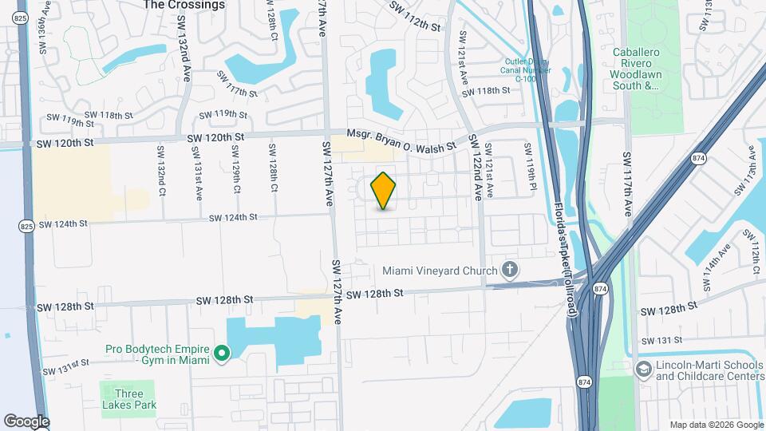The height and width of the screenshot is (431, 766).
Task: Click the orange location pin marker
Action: (384, 190)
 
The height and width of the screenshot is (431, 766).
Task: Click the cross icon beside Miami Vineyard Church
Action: (511, 271)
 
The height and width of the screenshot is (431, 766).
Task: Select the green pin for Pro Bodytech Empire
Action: (223, 352)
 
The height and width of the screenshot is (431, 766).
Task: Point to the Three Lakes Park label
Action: (128, 399)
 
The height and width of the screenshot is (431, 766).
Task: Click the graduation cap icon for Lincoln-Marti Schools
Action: (643, 370)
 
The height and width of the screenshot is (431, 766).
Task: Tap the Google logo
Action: (26, 421)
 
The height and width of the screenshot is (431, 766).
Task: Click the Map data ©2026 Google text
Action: (715, 424)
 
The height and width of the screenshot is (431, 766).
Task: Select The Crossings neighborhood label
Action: (184, 5)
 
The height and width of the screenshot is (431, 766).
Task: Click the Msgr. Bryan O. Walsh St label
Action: (401, 141)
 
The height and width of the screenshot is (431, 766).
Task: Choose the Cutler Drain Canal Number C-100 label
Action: (526, 69)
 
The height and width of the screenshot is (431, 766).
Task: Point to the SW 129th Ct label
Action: (235, 167)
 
